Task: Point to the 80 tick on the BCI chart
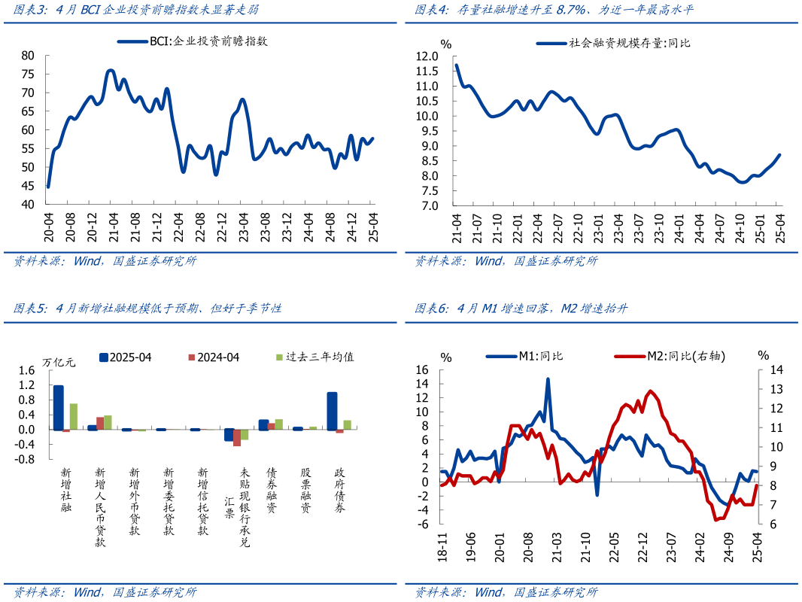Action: click(29, 56)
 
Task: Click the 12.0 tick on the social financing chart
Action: click(426, 56)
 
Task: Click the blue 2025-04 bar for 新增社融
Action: click(58, 407)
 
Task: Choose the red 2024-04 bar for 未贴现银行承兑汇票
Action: click(237, 438)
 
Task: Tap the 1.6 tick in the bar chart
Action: click(27, 370)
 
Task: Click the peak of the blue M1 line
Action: click(548, 379)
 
